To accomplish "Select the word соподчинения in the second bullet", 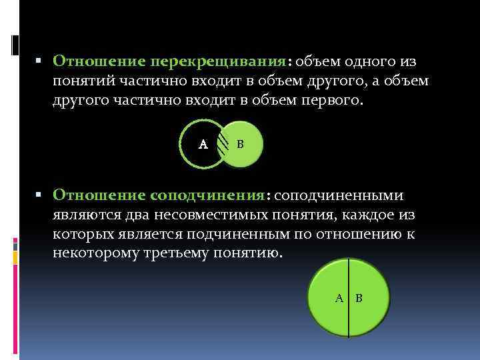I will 207,195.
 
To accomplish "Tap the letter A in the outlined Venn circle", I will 204,144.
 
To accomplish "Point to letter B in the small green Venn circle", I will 241,144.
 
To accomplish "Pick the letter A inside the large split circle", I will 339,298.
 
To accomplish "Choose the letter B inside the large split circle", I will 359,298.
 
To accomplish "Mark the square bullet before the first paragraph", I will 39,61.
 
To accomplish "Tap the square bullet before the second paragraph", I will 39,195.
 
